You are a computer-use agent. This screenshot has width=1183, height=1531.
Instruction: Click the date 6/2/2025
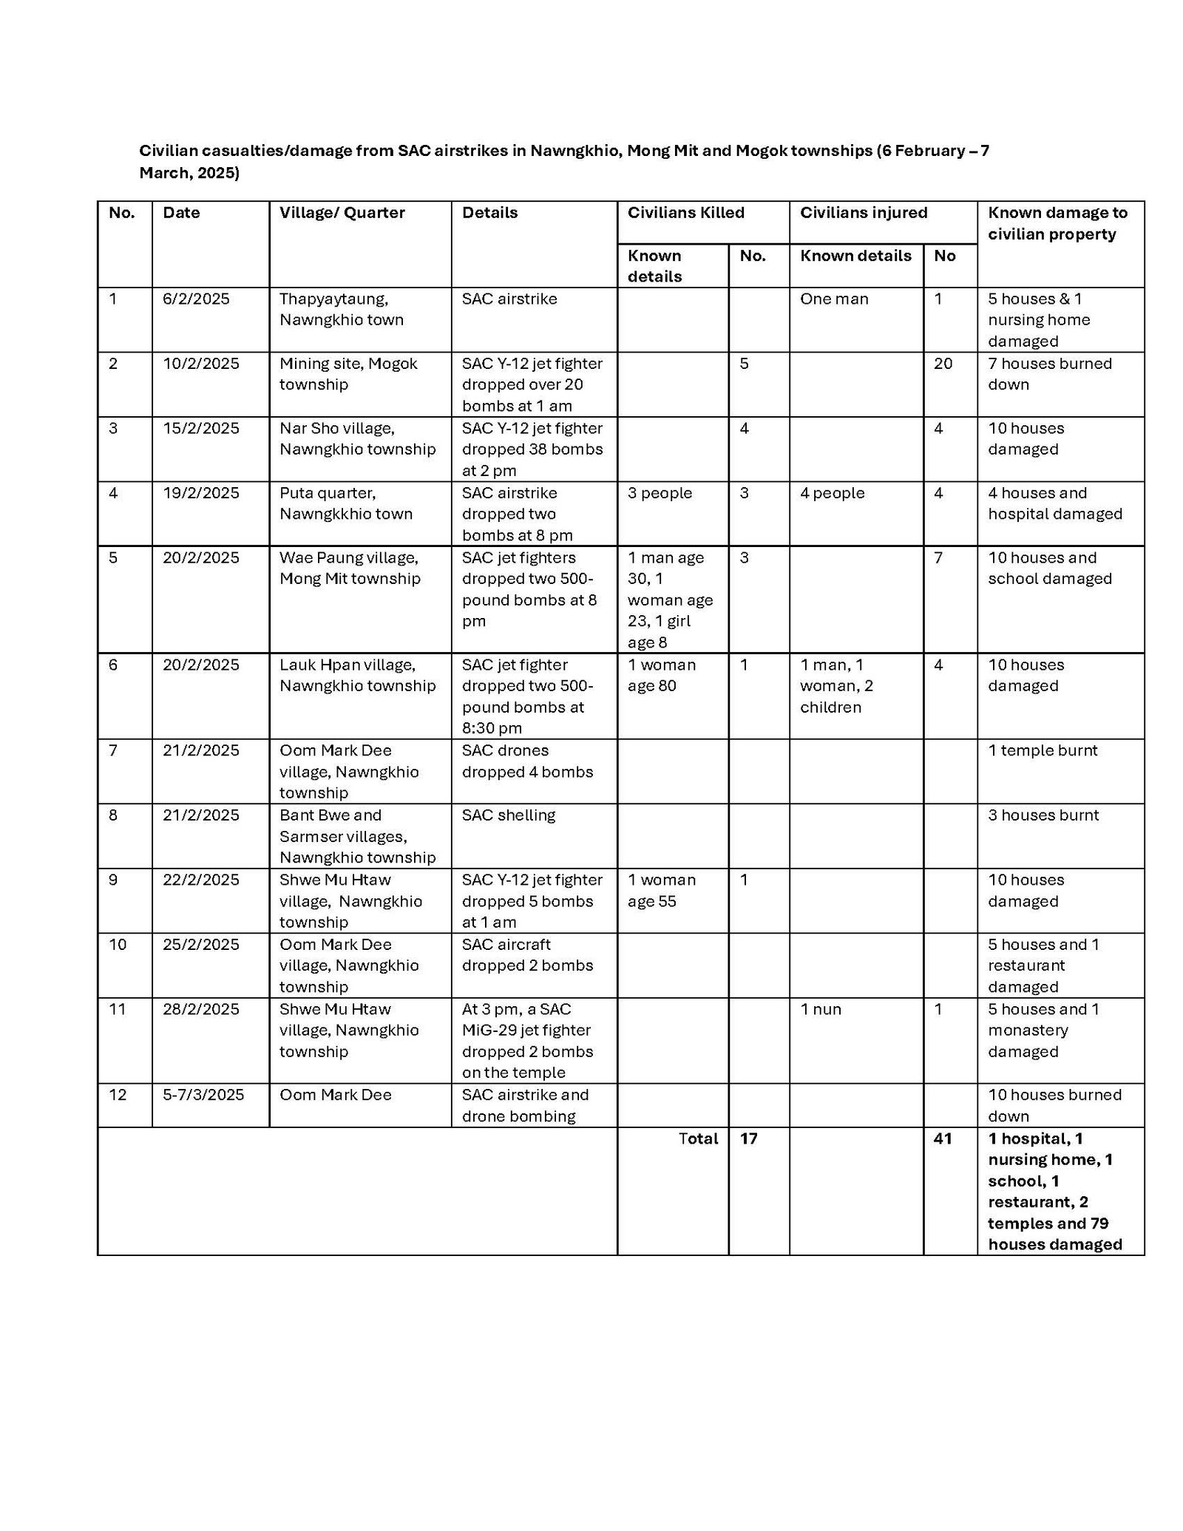coord(196,299)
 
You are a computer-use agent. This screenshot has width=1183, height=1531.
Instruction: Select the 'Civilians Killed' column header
coord(685,213)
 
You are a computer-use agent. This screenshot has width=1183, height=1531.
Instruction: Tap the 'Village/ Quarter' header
coord(342,213)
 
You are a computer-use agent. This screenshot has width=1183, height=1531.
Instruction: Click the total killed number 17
coord(748,1138)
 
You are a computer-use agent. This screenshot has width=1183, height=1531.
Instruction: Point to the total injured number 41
coord(942,1138)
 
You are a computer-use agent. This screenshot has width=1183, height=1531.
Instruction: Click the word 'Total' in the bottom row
coord(698,1138)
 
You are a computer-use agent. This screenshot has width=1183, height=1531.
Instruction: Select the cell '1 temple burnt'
coord(1043,750)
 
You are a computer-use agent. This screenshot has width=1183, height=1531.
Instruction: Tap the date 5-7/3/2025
coord(203,1095)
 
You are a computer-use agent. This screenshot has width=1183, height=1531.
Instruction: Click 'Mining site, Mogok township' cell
coord(348,374)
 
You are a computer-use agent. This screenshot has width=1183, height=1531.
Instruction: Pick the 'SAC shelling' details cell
coord(509,815)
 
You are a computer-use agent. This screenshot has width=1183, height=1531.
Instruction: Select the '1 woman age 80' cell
coord(662,675)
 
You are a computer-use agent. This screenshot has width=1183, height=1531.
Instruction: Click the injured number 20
coord(943,364)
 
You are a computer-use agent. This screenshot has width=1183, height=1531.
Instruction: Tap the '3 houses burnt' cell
coord(1043,815)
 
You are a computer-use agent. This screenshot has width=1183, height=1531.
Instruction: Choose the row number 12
coord(118,1095)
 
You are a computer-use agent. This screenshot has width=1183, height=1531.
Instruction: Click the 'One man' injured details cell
coord(834,299)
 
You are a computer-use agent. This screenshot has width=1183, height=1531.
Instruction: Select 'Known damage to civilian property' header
coord(1057,223)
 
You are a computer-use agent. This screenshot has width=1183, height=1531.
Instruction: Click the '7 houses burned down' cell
coord(1050,374)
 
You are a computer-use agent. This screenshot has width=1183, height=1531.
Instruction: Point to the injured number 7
coord(938,557)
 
